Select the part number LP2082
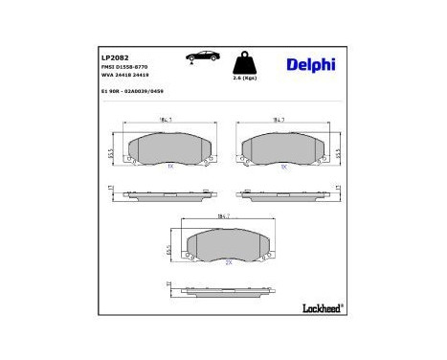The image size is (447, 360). [115, 56]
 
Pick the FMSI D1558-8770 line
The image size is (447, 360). [125, 67]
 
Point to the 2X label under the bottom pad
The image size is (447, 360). [228, 262]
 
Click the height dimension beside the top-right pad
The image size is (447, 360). [341, 151]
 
